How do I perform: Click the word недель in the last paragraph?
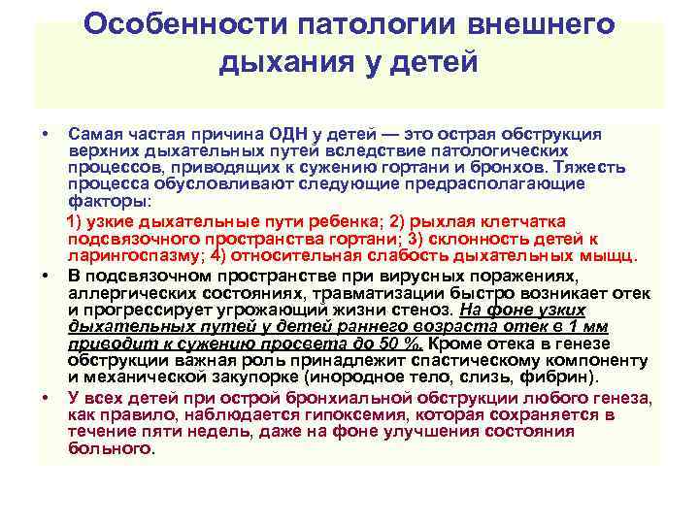pos(201,431)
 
